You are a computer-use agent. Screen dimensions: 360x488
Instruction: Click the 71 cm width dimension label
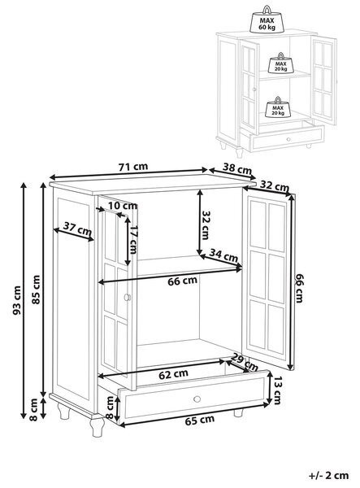click(x=133, y=167)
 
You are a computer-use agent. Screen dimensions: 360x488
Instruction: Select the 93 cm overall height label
click(x=17, y=300)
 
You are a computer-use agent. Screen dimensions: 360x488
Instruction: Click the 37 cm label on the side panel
click(x=77, y=229)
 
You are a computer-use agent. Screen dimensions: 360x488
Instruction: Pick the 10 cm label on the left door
click(x=123, y=206)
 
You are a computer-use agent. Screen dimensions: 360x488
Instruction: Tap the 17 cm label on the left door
click(x=133, y=240)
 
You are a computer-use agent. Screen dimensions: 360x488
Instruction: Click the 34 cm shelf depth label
click(x=223, y=255)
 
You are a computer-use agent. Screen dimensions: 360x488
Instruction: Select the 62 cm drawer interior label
click(x=173, y=374)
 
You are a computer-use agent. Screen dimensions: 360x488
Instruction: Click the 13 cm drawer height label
click(x=277, y=391)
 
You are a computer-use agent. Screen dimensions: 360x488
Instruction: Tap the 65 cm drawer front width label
click(x=200, y=420)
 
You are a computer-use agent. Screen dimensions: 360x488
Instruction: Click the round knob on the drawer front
click(x=197, y=399)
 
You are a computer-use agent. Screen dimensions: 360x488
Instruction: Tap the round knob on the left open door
click(x=128, y=297)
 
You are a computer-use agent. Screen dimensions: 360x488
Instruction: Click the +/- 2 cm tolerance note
click(x=329, y=476)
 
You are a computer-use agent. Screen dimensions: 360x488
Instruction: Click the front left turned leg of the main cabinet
click(x=97, y=425)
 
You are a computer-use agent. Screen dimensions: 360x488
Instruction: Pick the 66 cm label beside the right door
click(x=298, y=288)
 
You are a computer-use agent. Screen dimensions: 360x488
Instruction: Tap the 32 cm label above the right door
click(x=274, y=186)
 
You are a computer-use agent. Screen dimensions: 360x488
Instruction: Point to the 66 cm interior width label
click(x=183, y=281)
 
